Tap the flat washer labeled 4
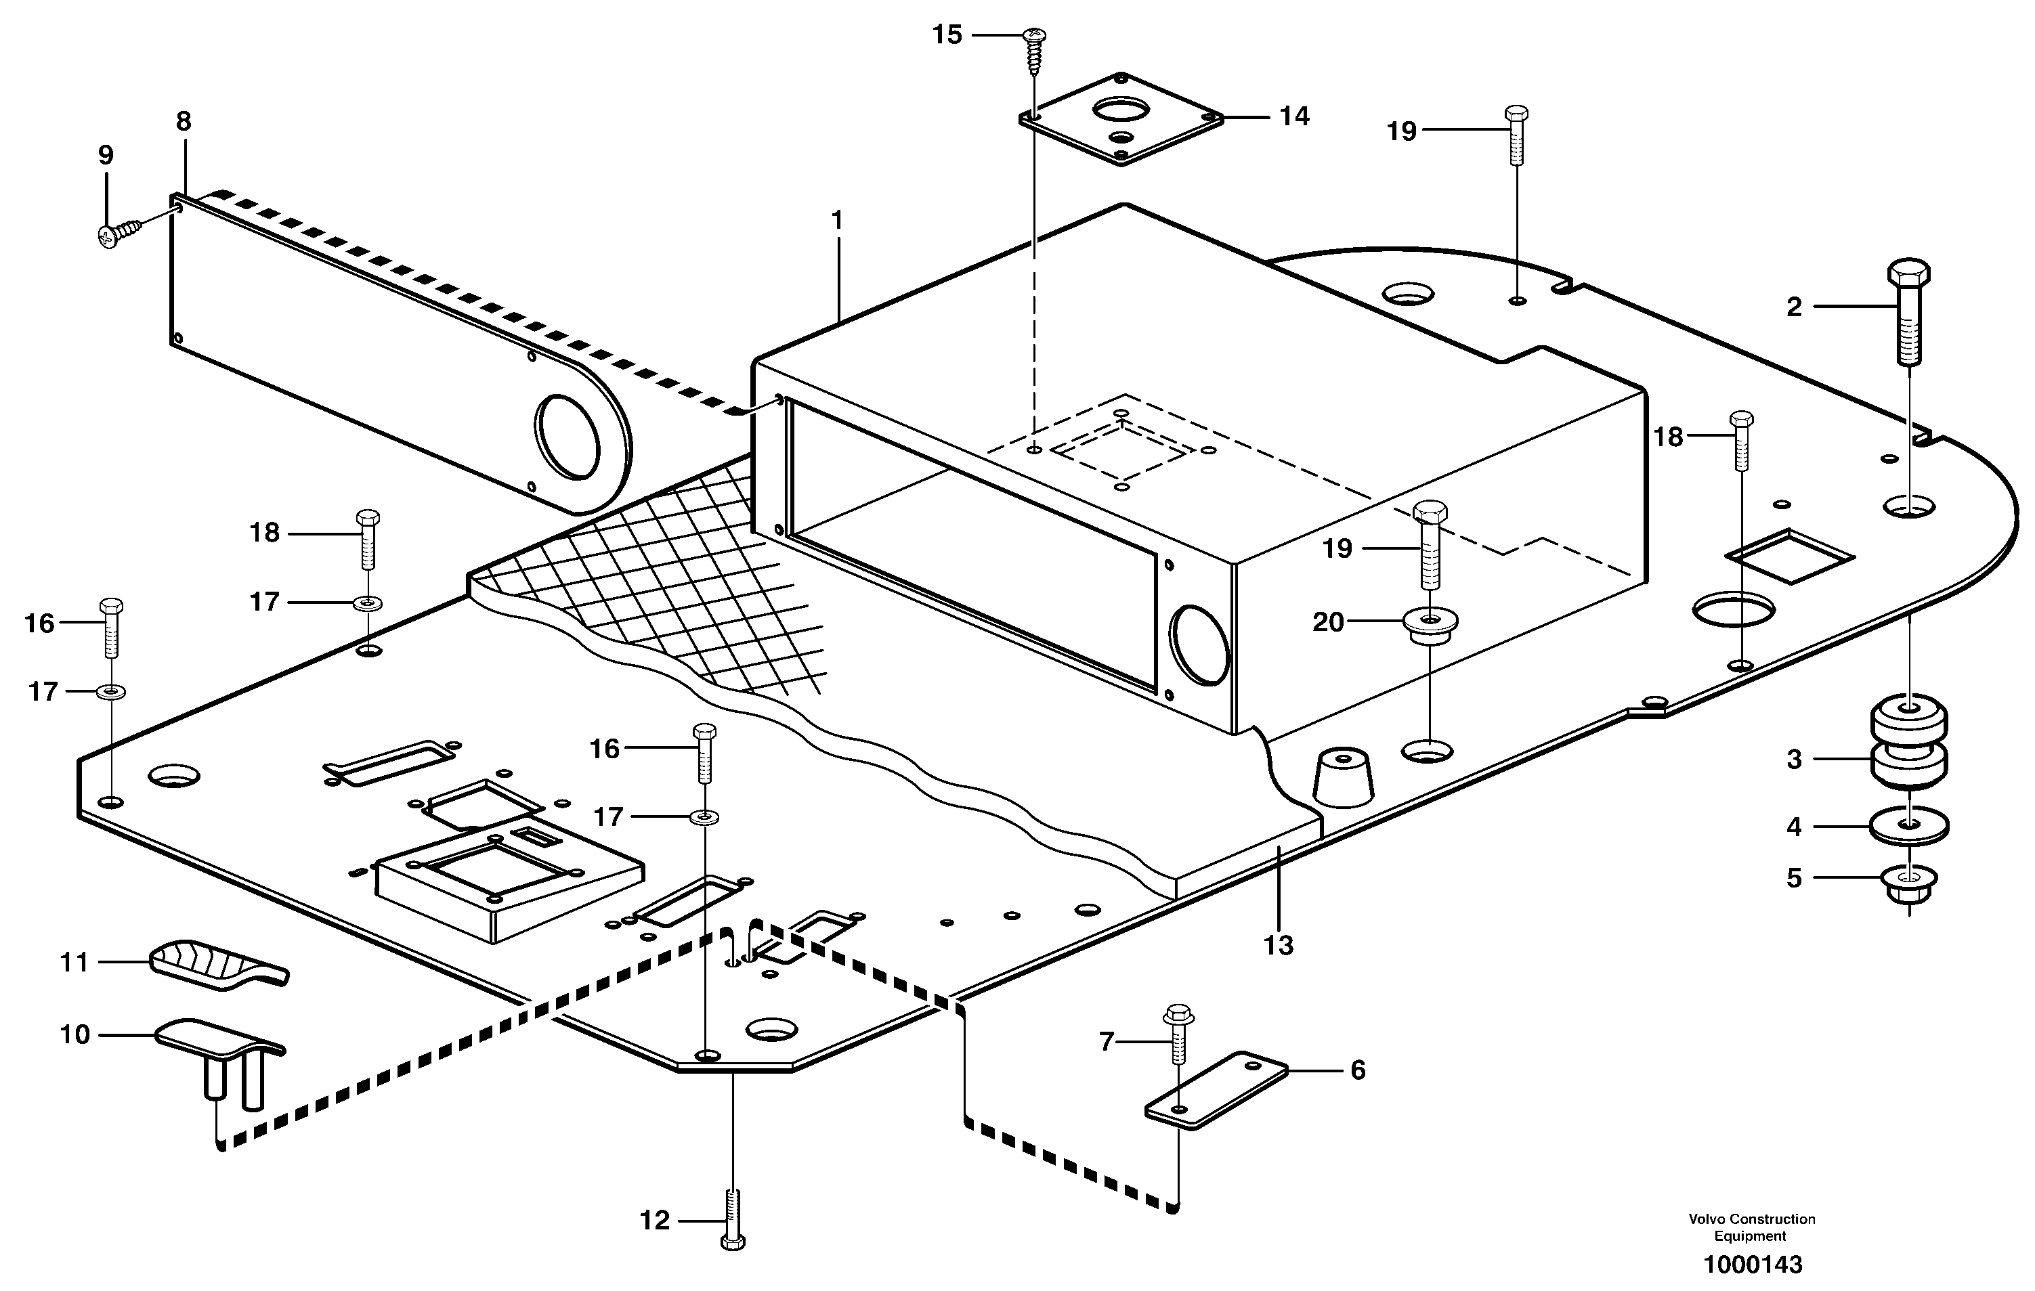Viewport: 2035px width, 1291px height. (1908, 825)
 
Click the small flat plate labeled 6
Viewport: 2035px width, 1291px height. (1216, 1089)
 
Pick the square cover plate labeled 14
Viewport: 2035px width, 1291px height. (1121, 118)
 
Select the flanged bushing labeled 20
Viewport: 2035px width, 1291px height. (1429, 632)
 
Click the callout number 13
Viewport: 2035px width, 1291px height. (1278, 944)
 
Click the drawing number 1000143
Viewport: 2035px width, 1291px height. (1752, 1265)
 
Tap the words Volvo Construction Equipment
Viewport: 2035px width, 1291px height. (1751, 1227)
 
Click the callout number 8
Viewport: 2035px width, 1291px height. (184, 122)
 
